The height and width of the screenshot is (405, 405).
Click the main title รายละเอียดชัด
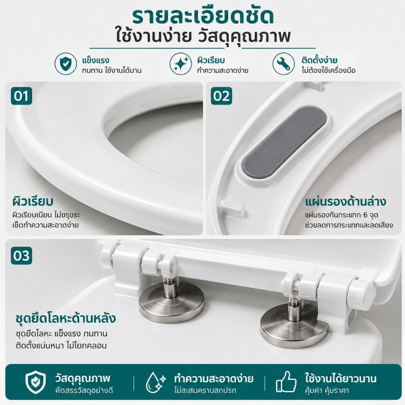203,17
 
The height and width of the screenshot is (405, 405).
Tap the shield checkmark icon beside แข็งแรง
66,64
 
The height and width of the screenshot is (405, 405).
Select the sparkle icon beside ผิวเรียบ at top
180,64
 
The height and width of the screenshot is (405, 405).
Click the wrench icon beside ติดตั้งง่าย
284,64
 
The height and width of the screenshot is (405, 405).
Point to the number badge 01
21,96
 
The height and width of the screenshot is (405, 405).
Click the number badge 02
221,96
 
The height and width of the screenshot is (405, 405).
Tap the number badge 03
21,255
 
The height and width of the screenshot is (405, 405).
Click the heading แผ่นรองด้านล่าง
346,201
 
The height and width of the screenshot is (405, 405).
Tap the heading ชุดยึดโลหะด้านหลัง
66,318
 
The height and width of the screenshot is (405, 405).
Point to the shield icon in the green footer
36,382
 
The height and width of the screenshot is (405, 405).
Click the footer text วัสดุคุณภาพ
83,379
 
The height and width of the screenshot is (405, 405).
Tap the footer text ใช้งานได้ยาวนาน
341,379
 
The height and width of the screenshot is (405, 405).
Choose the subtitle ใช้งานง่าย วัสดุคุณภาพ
204,37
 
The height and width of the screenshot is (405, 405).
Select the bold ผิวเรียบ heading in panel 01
33,201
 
